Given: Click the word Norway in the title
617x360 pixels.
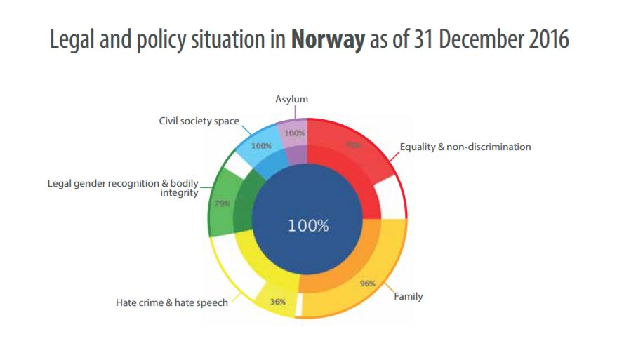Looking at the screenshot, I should pyautogui.click(x=328, y=39).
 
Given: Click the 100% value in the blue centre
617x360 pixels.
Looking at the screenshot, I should pyautogui.click(x=308, y=226).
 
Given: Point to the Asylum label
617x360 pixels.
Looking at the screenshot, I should pyautogui.click(x=291, y=100).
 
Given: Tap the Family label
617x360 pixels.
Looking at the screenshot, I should pyautogui.click(x=408, y=296).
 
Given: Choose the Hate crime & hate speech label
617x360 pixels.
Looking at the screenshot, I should pyautogui.click(x=171, y=303).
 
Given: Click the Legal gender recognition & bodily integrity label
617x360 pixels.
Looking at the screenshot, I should pyautogui.click(x=123, y=187).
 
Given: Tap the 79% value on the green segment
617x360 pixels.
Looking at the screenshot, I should pyautogui.click(x=222, y=204).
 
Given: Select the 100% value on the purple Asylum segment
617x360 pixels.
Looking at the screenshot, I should pyautogui.click(x=295, y=133).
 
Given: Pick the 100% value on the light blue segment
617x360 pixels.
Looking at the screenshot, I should pyautogui.click(x=260, y=146).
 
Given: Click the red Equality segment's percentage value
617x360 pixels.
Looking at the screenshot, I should pyautogui.click(x=352, y=145).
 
